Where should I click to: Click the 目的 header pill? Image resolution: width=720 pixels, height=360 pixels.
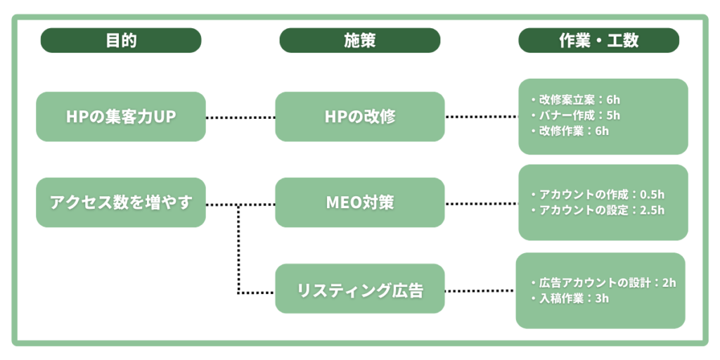pos(121,40)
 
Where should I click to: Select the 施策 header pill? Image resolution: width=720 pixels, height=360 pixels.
pos(359,40)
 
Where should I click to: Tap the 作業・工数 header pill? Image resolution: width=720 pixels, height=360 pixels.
pos(598,40)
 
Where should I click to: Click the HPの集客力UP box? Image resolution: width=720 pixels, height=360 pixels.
pos(121,117)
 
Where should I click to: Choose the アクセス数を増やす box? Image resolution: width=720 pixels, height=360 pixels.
pos(121,202)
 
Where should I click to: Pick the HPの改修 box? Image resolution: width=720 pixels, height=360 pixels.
pos(359,117)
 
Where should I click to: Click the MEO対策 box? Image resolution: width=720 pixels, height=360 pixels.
pos(359,202)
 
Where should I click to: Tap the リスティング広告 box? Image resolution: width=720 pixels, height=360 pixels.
pos(359,288)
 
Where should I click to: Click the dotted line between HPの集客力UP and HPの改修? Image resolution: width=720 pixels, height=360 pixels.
pos(240,117)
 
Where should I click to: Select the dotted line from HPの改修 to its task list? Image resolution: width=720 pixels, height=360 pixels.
pos(481,117)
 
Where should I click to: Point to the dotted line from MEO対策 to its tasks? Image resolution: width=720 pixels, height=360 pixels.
pos(481,205)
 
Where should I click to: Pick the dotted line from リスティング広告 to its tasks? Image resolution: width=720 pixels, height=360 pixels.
pos(480,290)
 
